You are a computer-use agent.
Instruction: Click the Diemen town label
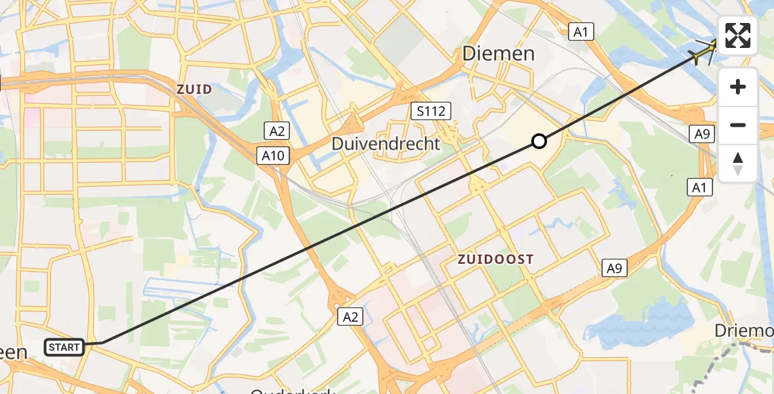[x=499, y=54]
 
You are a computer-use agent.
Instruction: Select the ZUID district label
[x=193, y=89]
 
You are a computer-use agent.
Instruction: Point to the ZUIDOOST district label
[x=496, y=259]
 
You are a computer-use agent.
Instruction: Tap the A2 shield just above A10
[x=276, y=130]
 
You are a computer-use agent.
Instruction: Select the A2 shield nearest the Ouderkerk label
[x=350, y=318]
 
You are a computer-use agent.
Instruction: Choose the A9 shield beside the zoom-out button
[x=702, y=135]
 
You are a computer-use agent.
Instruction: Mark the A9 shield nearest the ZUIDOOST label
[x=613, y=267]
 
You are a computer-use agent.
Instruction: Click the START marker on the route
[x=64, y=347]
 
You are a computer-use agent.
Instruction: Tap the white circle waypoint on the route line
[x=539, y=141]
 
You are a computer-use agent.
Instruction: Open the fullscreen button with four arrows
[x=738, y=35]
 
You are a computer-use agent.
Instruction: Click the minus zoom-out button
[x=738, y=125]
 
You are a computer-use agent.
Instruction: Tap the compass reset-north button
[x=738, y=162]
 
